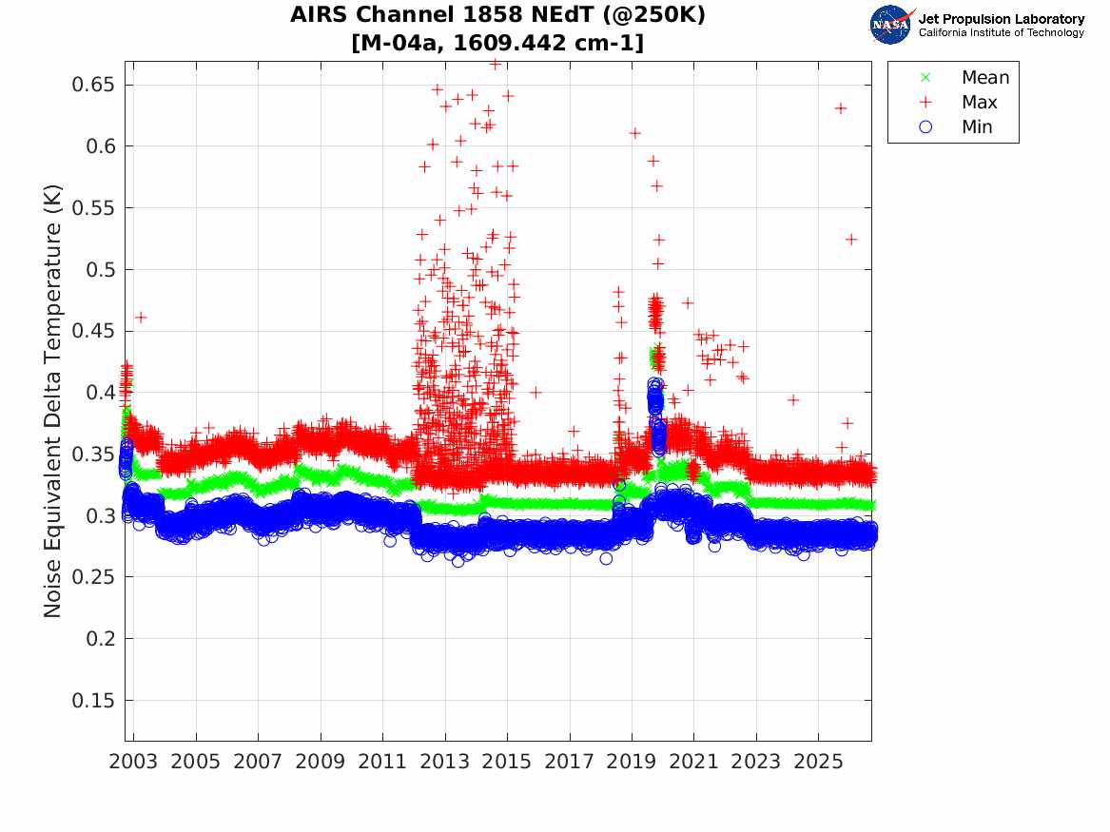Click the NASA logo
tap(891, 25)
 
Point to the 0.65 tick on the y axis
tap(92, 85)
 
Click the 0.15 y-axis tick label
tap(92, 701)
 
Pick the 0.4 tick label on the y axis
tap(101, 393)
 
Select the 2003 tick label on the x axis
tap(133, 762)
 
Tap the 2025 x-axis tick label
tap(818, 762)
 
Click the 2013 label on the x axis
tap(444, 762)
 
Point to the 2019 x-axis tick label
tap(632, 762)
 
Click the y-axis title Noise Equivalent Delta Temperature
tap(52, 401)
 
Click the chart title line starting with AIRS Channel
tap(497, 14)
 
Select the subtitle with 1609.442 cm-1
tap(497, 43)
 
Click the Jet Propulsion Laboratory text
tap(1001, 18)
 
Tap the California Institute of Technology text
tap(1001, 32)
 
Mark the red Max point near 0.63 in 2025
tap(840, 108)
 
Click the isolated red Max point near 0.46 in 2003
tap(141, 318)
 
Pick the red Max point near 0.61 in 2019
tap(635, 133)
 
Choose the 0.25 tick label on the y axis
tap(92, 577)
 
